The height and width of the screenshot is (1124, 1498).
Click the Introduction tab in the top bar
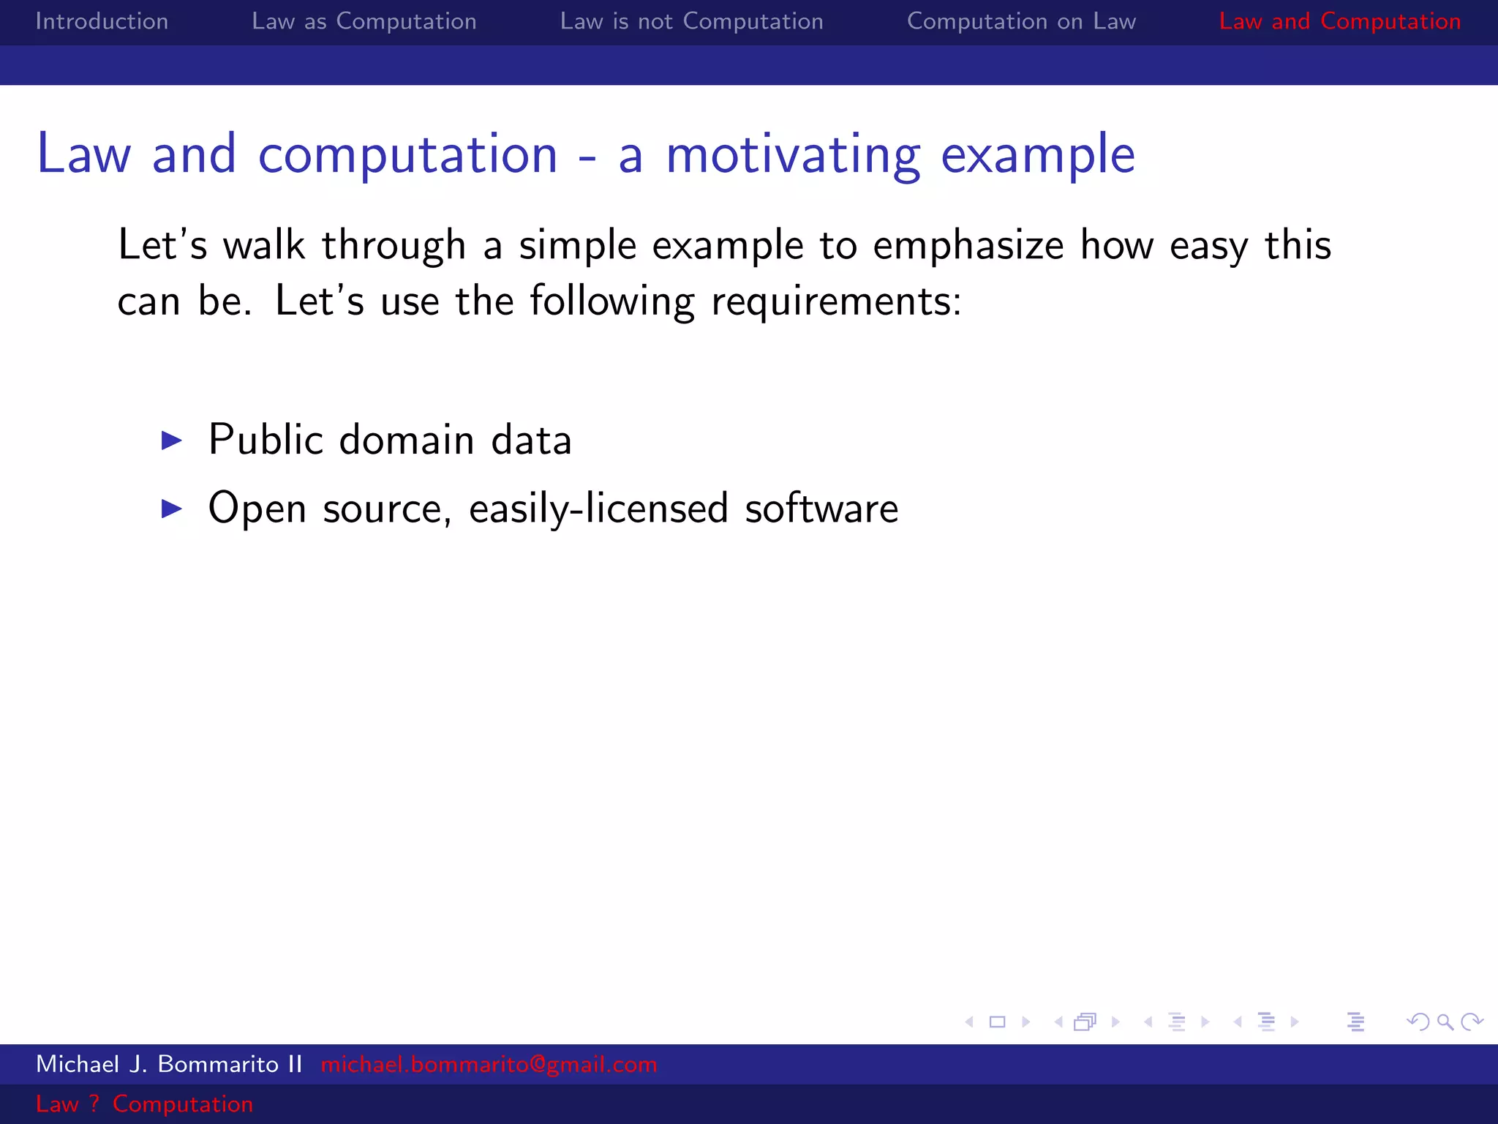coord(102,21)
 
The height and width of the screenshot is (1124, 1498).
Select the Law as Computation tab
coord(364,21)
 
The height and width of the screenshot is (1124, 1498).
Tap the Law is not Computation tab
coord(691,21)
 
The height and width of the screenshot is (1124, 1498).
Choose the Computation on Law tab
coord(1021,21)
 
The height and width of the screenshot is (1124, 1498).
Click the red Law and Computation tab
coord(1339,21)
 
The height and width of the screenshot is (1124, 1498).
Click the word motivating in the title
coord(793,155)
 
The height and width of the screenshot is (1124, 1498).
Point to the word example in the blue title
coord(1037,155)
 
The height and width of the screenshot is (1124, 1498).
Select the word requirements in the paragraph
coord(835,301)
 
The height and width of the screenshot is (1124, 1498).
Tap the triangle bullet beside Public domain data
coord(171,440)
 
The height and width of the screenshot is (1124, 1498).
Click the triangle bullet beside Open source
coord(171,508)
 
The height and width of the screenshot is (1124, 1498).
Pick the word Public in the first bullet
coord(266,440)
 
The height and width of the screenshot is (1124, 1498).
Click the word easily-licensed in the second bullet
coord(598,508)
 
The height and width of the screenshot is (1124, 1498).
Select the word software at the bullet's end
coord(821,508)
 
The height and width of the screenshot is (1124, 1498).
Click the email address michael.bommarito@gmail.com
coord(489,1064)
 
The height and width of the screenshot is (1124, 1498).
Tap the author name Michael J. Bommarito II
coord(169,1064)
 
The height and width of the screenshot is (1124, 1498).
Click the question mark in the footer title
coord(94,1104)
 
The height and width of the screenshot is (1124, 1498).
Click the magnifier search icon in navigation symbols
coord(1445,1022)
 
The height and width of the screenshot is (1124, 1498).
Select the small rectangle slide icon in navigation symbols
coord(997,1022)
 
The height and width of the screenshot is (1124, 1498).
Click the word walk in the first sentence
coord(263,245)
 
